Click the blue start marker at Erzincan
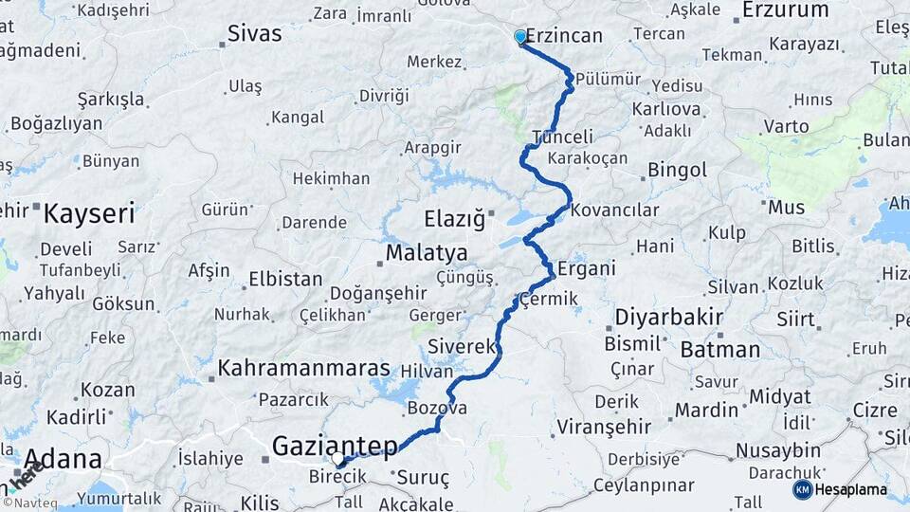click(x=519, y=37)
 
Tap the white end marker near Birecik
click(x=338, y=460)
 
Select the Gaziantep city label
click(x=335, y=445)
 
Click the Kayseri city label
click(x=89, y=212)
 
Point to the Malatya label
click(x=426, y=253)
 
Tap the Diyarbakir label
click(x=669, y=317)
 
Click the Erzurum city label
click(x=785, y=10)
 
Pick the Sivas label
click(x=255, y=34)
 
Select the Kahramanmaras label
click(x=303, y=368)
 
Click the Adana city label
click(x=63, y=460)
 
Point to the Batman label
click(x=719, y=349)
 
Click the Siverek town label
click(x=462, y=346)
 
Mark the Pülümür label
click(x=608, y=79)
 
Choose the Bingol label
click(x=677, y=171)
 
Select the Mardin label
click(x=705, y=410)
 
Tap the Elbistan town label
click(x=285, y=279)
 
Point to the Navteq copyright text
click(x=30, y=503)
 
